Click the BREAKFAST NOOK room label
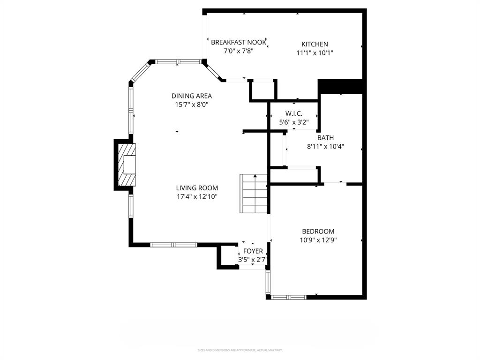tap(239, 42)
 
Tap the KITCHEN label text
tap(315, 44)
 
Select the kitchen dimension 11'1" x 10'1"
tap(315, 53)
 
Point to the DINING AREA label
tap(191, 96)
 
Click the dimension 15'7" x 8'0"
tap(191, 105)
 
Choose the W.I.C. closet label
tap(294, 113)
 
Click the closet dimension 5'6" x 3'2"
tap(294, 122)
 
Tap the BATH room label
tap(325, 138)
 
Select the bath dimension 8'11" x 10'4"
tap(325, 146)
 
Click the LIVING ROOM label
tap(197, 188)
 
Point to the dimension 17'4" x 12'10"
tap(197, 197)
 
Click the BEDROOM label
tap(318, 231)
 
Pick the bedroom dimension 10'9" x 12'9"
tap(318, 240)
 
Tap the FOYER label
tap(253, 251)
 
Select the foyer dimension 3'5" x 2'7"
tap(253, 260)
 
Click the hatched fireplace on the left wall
tap(126, 165)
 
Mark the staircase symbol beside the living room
tap(254, 193)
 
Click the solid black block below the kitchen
tap(341, 86)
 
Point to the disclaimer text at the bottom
tap(240, 350)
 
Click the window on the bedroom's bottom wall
tap(289, 297)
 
